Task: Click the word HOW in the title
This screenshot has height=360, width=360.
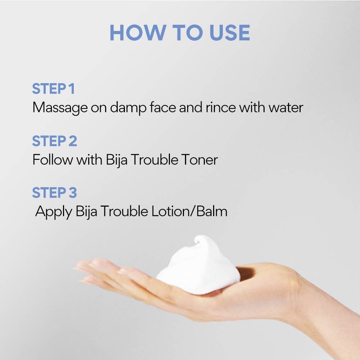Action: coord(138,33)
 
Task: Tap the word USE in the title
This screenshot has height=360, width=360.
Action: coord(230,33)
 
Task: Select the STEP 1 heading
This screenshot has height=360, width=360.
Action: coord(53,89)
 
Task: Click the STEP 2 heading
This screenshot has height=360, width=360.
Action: coord(54,141)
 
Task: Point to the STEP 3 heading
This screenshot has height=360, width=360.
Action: coord(54,192)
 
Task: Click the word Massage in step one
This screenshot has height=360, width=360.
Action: coord(60,108)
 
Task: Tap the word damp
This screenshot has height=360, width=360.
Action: coord(128,108)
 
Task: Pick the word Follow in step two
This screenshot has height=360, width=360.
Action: coord(53,159)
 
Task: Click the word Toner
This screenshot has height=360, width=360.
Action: coord(199,159)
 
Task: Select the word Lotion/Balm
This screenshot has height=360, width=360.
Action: coord(189,211)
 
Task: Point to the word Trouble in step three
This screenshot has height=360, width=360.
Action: coord(124,211)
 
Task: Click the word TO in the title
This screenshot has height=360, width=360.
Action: coord(187,33)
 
